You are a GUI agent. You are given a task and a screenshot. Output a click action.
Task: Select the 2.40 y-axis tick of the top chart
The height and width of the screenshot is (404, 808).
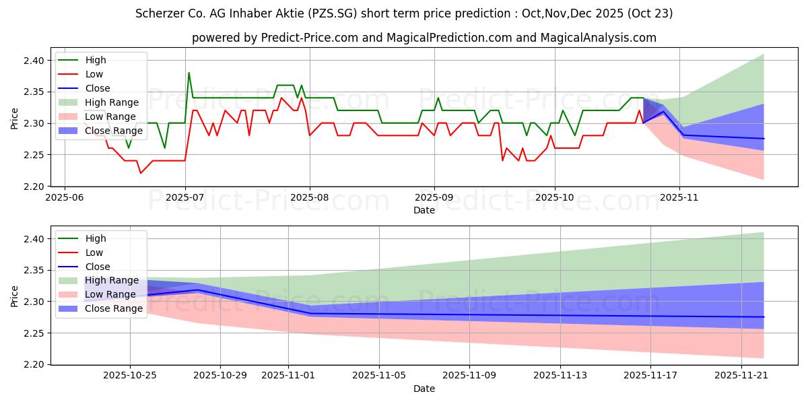coord(34,61)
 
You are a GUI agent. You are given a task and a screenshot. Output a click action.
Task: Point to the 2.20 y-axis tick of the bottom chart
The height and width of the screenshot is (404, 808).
coord(34,365)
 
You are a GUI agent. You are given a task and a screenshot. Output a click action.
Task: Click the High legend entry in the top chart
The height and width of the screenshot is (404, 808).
coord(96,60)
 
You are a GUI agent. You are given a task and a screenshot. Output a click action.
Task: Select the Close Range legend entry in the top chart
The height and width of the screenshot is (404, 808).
coord(113,131)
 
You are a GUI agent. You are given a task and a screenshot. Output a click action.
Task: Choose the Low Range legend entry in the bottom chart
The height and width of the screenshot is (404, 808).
coord(110,295)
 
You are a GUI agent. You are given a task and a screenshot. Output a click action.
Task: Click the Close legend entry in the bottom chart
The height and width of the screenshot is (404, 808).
coord(98,267)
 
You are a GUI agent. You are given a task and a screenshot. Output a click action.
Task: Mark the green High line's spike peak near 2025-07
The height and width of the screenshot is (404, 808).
coord(189,73)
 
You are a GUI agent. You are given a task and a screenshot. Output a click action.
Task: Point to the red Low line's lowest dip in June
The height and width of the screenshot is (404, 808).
coord(140,173)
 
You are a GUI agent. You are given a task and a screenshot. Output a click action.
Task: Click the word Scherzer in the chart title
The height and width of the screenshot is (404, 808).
coord(158,13)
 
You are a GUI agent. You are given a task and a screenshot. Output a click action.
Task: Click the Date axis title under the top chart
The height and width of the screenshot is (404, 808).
coord(424,210)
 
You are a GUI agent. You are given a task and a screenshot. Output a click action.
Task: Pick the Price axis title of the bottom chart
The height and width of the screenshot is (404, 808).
coord(14,296)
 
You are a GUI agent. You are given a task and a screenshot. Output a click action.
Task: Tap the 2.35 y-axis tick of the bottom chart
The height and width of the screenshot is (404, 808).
coord(34,271)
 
